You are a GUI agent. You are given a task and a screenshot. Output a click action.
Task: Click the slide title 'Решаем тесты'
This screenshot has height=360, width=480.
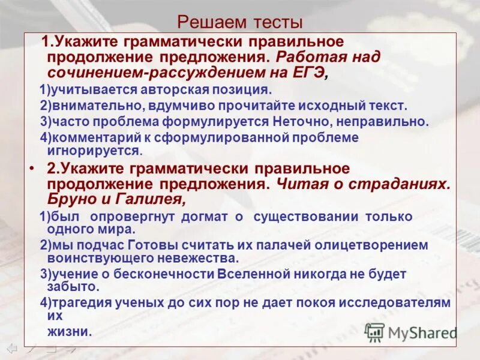(x=240, y=23)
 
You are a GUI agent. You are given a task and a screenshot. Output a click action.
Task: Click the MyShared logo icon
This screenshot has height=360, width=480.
(x=375, y=332)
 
